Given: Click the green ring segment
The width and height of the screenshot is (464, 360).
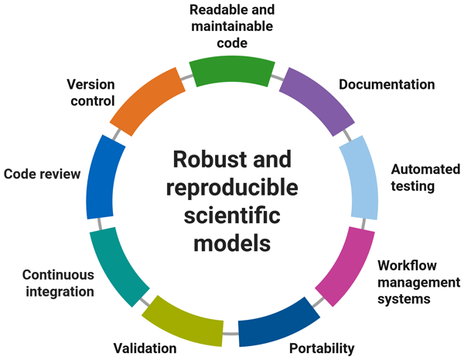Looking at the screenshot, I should [x=232, y=71].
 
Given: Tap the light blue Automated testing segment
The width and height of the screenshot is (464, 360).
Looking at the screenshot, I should [x=360, y=182].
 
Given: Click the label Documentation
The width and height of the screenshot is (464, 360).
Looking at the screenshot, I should [x=387, y=84].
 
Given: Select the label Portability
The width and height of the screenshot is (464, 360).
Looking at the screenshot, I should [x=322, y=348].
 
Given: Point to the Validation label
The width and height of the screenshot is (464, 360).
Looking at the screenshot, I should [x=143, y=348].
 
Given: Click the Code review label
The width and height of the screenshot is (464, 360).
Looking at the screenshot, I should [x=42, y=174].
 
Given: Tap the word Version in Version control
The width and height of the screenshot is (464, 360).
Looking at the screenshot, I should [x=91, y=83].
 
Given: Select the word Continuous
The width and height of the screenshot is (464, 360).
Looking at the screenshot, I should [x=58, y=274].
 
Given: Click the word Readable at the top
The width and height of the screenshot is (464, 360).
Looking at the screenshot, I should [x=204, y=12].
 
